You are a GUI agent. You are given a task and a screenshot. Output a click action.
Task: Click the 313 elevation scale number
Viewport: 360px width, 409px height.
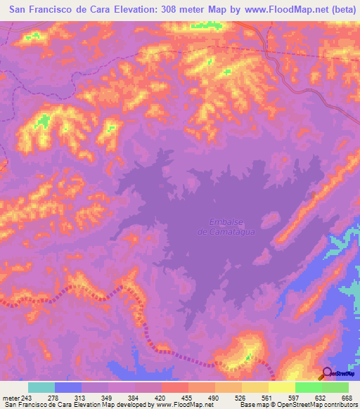point(79,398)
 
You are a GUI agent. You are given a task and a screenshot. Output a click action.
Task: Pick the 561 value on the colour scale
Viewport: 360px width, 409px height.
point(265,398)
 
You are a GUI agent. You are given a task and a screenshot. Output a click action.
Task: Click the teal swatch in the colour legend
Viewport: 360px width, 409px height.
point(41,387)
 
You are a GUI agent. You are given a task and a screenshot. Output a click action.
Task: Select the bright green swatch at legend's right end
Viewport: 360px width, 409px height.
point(335,387)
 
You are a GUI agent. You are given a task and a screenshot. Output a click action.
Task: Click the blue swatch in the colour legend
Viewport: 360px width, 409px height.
point(68,387)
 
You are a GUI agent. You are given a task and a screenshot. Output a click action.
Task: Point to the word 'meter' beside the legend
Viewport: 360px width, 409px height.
point(11,398)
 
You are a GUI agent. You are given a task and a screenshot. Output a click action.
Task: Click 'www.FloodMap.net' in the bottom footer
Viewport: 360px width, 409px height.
point(181,405)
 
